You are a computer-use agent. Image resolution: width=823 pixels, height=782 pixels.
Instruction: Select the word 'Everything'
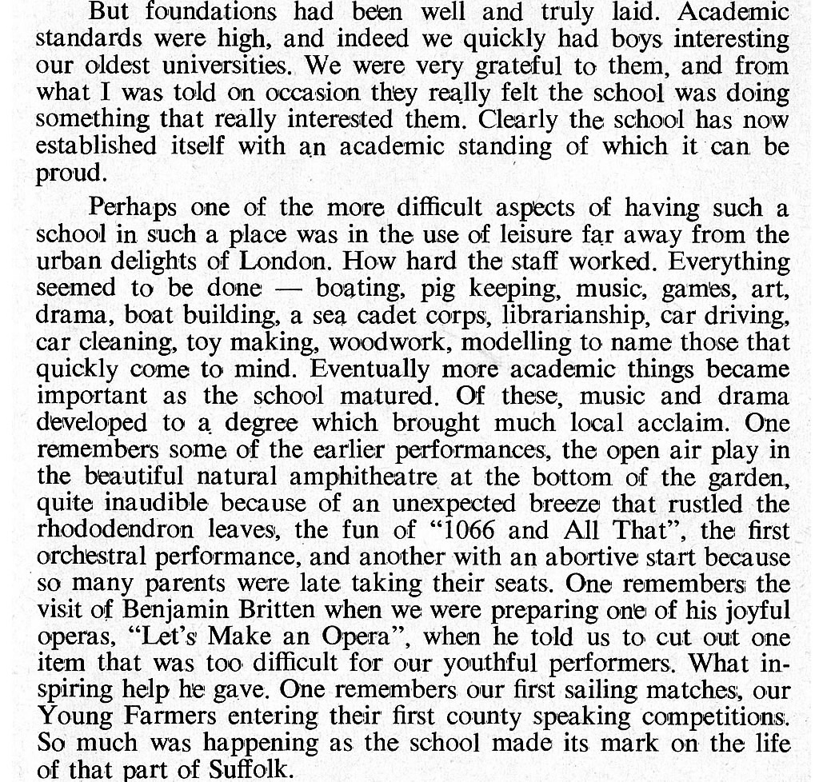tap(729, 262)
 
